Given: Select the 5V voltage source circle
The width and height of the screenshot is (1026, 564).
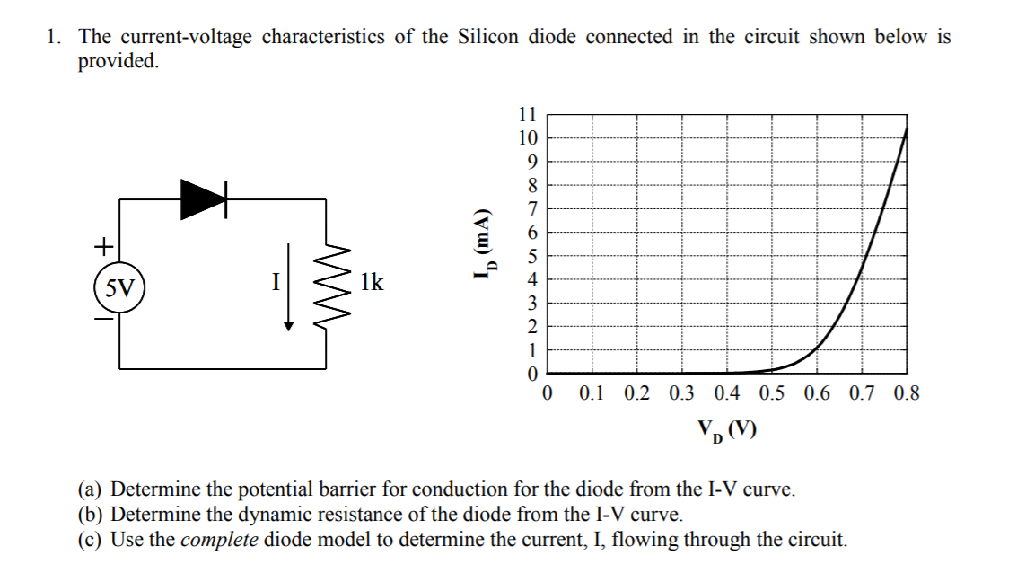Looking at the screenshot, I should point(119,288).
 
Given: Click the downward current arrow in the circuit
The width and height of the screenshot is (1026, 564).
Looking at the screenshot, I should point(288,287).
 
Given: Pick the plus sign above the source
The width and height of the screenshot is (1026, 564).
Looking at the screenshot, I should point(104,244).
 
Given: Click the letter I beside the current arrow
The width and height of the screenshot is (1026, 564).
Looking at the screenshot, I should point(276,281).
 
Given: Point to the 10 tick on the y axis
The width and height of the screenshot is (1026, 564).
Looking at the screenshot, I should point(528,138).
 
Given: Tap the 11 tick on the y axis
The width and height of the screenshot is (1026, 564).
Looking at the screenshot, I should point(528,115).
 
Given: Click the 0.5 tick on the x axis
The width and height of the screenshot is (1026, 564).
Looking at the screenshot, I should point(771,393).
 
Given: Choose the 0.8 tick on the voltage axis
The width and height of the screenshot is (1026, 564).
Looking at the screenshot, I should point(907,393).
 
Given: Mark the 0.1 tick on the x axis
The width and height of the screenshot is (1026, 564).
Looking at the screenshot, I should point(592,393).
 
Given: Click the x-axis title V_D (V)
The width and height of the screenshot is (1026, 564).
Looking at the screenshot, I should point(726,432).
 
